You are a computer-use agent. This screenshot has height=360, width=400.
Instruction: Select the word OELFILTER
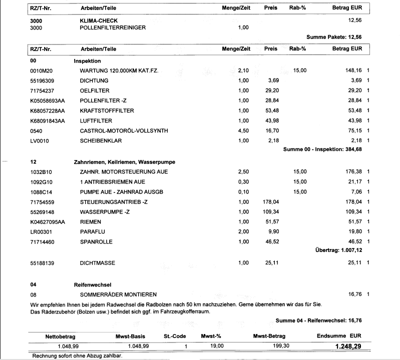tap(94, 90)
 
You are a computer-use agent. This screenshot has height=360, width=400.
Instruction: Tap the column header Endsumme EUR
tap(339, 335)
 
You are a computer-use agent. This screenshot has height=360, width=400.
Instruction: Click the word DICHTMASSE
tap(95, 262)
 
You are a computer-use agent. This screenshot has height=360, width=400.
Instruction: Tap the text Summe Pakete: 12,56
tap(334, 37)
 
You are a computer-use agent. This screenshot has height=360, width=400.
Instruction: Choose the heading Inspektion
tap(88, 61)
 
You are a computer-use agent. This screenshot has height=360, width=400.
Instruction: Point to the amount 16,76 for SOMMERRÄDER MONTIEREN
tap(354, 294)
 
